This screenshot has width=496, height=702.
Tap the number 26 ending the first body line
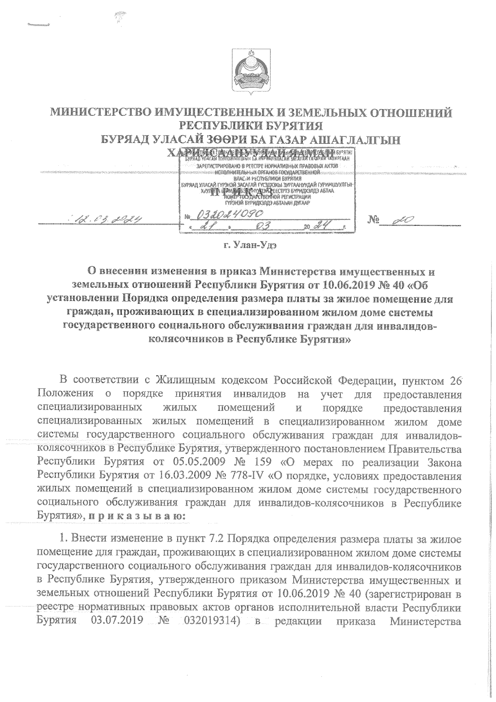[455, 381]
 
